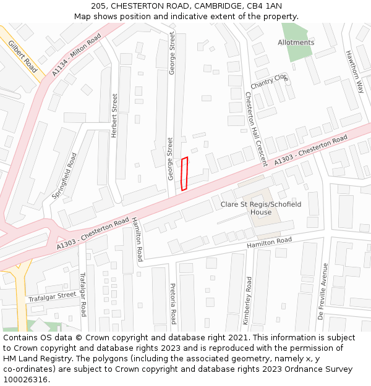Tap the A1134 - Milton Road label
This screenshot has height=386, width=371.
(x=76, y=55)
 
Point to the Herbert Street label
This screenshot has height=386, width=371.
(x=114, y=115)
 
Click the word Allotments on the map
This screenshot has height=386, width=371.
(x=296, y=43)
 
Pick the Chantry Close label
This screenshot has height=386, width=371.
(x=270, y=81)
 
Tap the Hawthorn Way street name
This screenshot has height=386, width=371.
(x=355, y=72)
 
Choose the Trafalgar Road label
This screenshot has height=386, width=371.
(x=82, y=294)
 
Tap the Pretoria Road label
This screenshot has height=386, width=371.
(x=173, y=304)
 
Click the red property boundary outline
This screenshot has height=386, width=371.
(x=184, y=174)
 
